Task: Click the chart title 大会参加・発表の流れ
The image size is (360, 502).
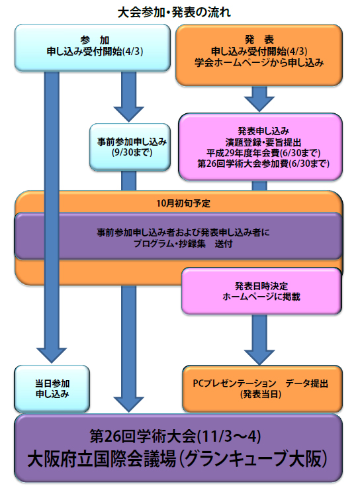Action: point(174,13)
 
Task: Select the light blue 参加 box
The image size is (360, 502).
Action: point(93,48)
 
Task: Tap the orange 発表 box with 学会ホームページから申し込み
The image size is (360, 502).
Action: point(259,55)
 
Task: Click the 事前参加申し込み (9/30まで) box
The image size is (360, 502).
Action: point(130,147)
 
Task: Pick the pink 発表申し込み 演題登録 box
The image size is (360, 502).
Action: point(261,146)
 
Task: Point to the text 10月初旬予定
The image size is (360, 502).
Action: point(183,203)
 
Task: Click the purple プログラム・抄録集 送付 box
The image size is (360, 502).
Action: point(179,236)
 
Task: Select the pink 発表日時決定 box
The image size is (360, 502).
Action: point(261,291)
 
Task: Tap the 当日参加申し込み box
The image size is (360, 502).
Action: point(52,389)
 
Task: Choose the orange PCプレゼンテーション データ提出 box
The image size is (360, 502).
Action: point(263,389)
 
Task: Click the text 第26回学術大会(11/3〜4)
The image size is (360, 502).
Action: point(175,436)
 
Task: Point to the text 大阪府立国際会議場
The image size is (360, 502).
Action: point(102,459)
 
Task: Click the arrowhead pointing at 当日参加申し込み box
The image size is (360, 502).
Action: point(52,355)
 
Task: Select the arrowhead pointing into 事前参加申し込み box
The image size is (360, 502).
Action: point(128,115)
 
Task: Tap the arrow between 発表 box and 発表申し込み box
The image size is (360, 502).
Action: point(259,99)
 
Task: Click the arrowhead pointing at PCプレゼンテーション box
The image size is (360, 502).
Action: point(259,357)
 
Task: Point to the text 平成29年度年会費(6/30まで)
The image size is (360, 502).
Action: point(263,153)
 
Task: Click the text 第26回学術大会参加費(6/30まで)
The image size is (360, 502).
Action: point(263,164)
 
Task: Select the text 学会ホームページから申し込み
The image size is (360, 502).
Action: point(259,62)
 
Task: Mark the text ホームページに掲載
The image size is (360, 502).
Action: point(261,297)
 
